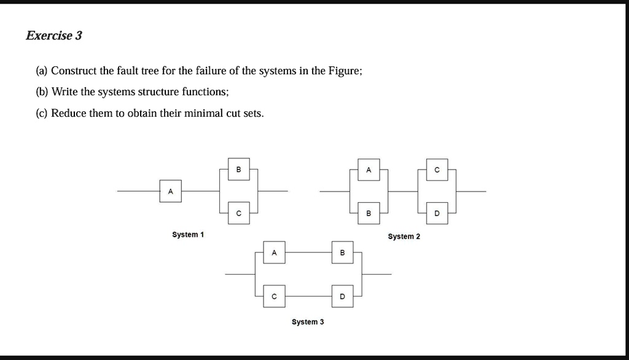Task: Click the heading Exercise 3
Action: coord(53,36)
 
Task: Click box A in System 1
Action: coord(170,191)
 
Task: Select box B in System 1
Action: coord(238,170)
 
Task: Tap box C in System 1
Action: coord(238,213)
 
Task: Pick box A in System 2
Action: coord(368,170)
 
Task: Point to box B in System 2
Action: coord(368,213)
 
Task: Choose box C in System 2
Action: coord(437,170)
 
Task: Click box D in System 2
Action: coord(437,213)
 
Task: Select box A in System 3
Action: coord(274,252)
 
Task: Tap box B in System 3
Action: coord(342,252)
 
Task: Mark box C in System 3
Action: coord(274,296)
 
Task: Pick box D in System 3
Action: coord(342,296)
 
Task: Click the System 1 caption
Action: coord(188,235)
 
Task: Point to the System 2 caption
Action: coord(404,237)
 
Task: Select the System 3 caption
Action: coord(308,322)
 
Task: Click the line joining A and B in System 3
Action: coord(308,252)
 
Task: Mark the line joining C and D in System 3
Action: coord(308,296)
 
